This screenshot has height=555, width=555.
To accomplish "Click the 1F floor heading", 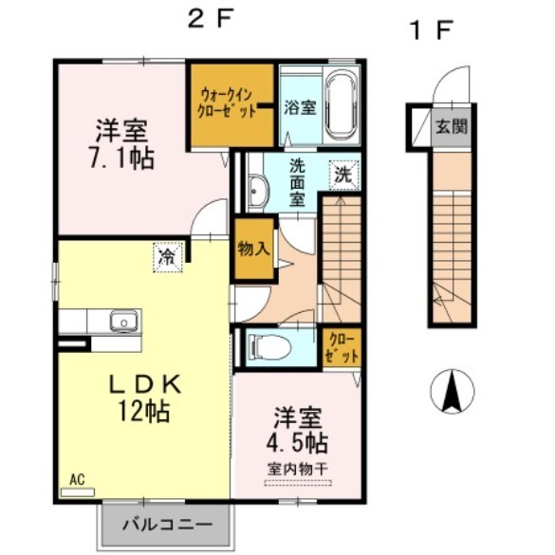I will click(429, 30).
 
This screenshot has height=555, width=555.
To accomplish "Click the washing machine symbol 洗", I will click(342, 175).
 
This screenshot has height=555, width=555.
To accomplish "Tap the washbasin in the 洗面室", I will click(255, 193).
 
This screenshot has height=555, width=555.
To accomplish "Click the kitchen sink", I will click(122, 322).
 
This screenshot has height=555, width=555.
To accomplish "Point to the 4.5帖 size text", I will click(299, 442).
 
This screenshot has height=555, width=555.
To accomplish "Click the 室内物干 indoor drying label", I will click(298, 470).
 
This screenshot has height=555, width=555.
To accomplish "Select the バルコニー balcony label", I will click(166, 523).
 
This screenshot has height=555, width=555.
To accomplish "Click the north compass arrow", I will click(454, 389).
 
